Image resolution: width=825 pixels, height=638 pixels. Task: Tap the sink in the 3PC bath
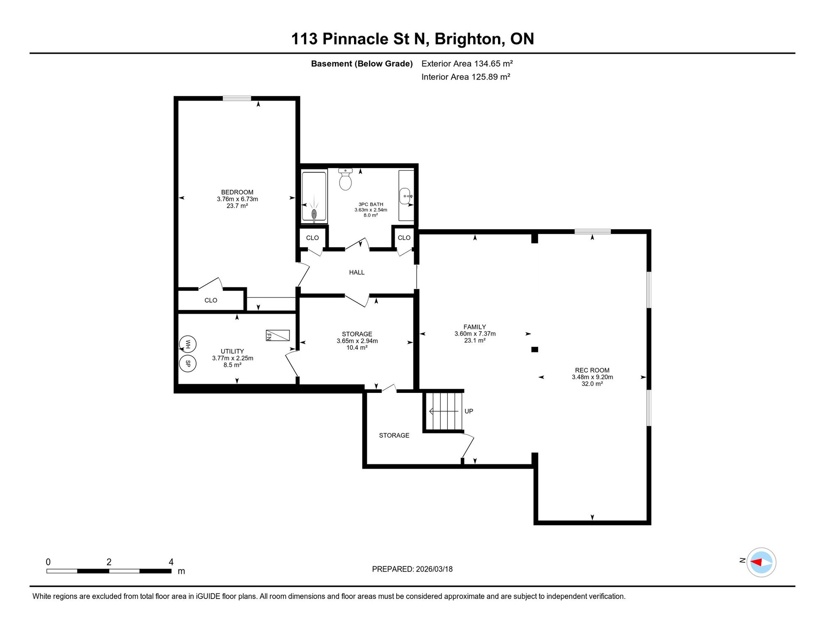pos(405,196)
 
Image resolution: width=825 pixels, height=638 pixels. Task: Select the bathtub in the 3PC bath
pos(314,196)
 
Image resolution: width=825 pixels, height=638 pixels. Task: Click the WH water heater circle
pos(188,344)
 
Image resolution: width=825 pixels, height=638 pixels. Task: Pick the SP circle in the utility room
pos(188,363)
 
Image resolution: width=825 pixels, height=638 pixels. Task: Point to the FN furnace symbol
pos(278,335)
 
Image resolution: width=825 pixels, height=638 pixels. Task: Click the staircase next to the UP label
pos(444,411)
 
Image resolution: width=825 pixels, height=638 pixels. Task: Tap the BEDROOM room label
pos(237,192)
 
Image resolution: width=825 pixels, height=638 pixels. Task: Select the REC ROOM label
pos(592,371)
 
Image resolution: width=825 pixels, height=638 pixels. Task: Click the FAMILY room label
pos(475,327)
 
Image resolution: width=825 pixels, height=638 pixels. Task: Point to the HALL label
pos(357,272)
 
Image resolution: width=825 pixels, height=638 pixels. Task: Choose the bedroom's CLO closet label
pos(211,300)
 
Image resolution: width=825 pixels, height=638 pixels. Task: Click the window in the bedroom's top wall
pos(237,98)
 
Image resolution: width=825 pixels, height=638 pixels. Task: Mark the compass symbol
pos(762,562)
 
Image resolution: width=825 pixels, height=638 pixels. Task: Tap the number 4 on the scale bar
pos(171,562)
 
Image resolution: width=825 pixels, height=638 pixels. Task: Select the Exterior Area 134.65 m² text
pos(467,64)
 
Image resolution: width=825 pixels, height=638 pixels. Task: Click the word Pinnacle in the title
pos(356,39)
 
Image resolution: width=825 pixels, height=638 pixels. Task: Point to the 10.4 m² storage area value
pos(357,348)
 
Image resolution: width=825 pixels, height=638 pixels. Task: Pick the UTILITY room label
pos(232,351)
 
